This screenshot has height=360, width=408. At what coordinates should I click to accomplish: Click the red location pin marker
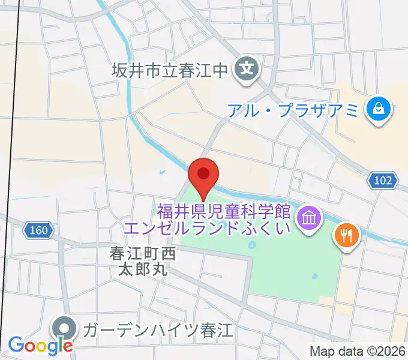[203, 175]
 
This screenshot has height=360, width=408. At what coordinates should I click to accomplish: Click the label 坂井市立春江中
[170, 71]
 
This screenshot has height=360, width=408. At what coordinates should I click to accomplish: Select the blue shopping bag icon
[379, 109]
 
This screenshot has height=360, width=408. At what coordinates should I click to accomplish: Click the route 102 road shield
[383, 181]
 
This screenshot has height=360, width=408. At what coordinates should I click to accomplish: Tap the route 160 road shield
[40, 230]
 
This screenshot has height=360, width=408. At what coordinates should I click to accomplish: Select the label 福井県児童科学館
[224, 211]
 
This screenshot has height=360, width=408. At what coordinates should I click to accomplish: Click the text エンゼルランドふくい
[207, 228]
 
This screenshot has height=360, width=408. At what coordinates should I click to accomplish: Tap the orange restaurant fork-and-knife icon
[346, 235]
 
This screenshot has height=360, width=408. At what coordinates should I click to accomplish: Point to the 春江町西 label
[143, 253]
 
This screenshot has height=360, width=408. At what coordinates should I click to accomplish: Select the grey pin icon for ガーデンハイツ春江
[64, 329]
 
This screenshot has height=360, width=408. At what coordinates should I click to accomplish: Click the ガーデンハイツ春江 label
[158, 329]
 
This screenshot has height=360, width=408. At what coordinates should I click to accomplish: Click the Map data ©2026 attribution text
[358, 350]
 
